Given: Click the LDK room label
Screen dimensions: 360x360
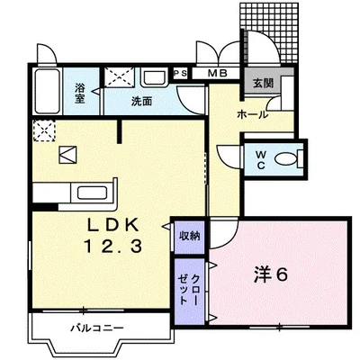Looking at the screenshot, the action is tap(113, 225).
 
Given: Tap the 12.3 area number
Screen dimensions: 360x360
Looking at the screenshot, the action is tap(113, 247).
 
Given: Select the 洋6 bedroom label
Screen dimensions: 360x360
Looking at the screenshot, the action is tap(271, 274).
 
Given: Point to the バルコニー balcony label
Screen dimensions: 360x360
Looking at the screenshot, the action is tap(97, 328).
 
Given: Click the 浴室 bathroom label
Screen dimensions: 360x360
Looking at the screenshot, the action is tap(79, 94).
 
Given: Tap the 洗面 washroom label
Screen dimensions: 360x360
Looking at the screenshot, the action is tap(141, 102).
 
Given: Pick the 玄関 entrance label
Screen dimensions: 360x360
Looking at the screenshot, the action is tap(263, 84).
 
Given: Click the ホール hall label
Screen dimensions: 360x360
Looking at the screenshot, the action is tap(252, 114).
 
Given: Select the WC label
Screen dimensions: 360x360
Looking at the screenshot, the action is tap(261, 160).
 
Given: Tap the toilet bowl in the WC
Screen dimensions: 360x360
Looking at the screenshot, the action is tap(286, 159).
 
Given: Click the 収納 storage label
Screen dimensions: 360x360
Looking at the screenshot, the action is tap(190, 236).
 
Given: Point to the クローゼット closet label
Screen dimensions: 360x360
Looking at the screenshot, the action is tap(189, 290).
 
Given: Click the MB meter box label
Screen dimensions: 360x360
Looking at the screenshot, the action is tap(218, 73).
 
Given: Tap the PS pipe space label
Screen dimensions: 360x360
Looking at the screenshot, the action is tap(181, 73).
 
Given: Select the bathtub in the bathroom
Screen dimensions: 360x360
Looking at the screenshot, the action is tap(47, 92).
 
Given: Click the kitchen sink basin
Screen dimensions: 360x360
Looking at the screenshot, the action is tap(92, 193).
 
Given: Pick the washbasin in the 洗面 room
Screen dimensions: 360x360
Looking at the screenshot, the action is tap(154, 78).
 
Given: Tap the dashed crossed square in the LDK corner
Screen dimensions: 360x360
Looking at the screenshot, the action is tap(44, 130).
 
